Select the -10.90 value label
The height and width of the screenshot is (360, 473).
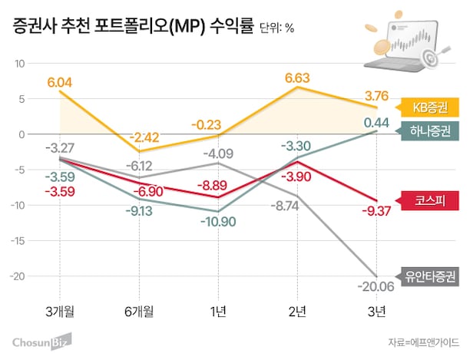pos(217,221)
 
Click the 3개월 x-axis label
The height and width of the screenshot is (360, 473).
pos(60,311)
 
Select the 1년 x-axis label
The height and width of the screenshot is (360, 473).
pos(217,311)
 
